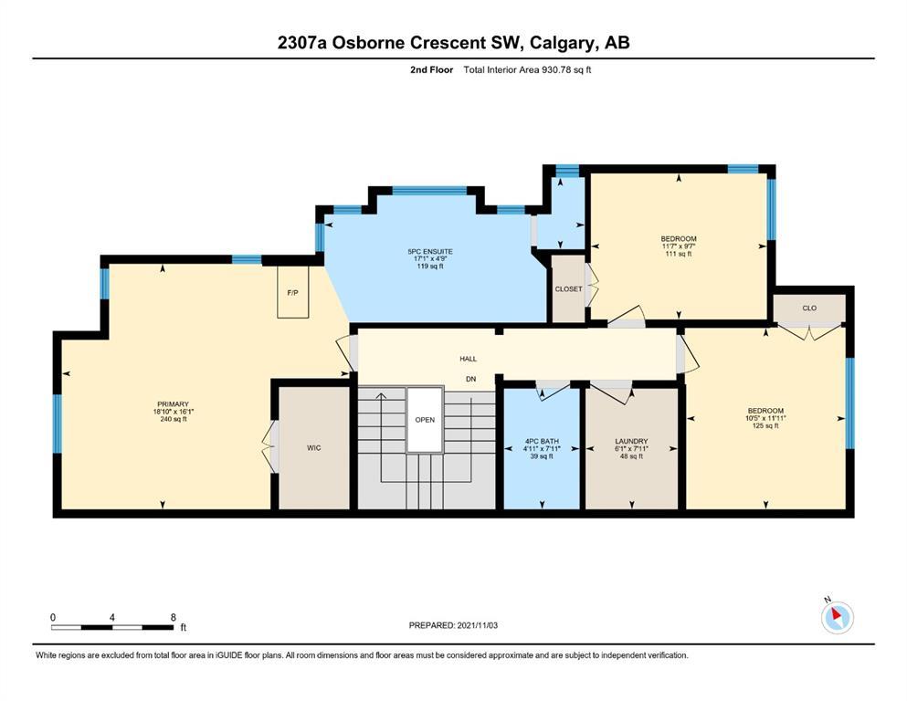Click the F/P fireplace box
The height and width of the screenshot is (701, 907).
(293, 292)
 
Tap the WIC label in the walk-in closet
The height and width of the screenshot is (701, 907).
(314, 448)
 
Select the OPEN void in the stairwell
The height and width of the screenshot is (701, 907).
(425, 420)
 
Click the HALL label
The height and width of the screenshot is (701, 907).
(469, 359)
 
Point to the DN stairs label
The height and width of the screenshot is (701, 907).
(470, 379)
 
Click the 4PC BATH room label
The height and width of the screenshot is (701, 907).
(542, 441)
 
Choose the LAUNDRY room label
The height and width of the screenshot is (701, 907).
(631, 441)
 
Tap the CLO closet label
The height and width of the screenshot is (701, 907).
(809, 308)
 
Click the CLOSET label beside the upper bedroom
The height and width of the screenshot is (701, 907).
(569, 289)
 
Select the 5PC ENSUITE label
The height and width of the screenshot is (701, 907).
(430, 251)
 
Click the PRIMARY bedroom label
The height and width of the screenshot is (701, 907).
(173, 404)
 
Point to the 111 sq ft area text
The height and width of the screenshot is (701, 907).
(679, 254)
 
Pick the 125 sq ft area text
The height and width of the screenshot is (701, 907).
(765, 426)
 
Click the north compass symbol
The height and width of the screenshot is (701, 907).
(837, 616)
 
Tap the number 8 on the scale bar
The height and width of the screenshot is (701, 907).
(173, 617)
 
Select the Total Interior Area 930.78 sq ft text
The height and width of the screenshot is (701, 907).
(527, 70)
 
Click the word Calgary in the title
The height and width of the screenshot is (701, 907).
(562, 43)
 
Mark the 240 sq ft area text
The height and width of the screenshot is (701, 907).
(174, 419)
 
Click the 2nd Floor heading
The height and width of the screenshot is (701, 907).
(431, 70)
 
